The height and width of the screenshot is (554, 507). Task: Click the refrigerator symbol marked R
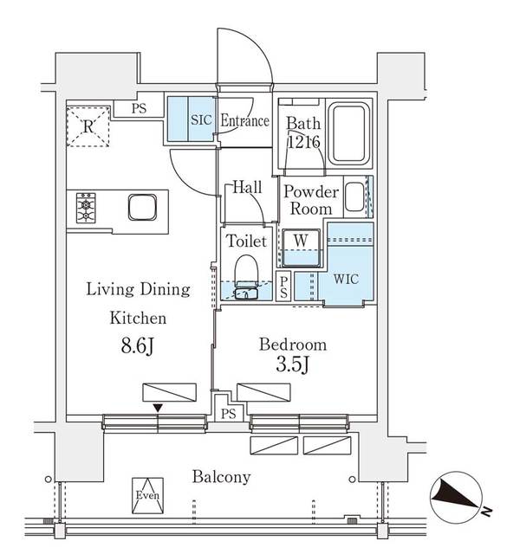tap(89, 125)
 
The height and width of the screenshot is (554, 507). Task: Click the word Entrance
tap(244, 120)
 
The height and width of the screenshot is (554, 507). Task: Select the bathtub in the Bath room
tap(350, 133)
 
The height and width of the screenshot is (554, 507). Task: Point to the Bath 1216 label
tap(303, 132)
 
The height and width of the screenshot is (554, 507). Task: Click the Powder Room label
tap(310, 200)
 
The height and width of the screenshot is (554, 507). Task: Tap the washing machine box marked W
tap(301, 239)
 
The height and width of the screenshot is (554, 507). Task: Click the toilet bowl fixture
tap(247, 273)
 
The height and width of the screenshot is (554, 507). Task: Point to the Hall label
tap(247, 186)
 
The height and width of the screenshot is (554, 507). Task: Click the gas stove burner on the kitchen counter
tap(87, 208)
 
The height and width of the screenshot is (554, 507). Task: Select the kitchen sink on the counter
tap(141, 208)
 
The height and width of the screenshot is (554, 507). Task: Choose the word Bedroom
tap(293, 344)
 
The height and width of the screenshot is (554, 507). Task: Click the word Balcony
tap(221, 477)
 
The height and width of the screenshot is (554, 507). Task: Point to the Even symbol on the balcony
tap(146, 495)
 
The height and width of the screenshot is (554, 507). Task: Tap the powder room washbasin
tap(354, 197)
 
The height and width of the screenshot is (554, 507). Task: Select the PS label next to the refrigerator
tap(139, 109)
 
